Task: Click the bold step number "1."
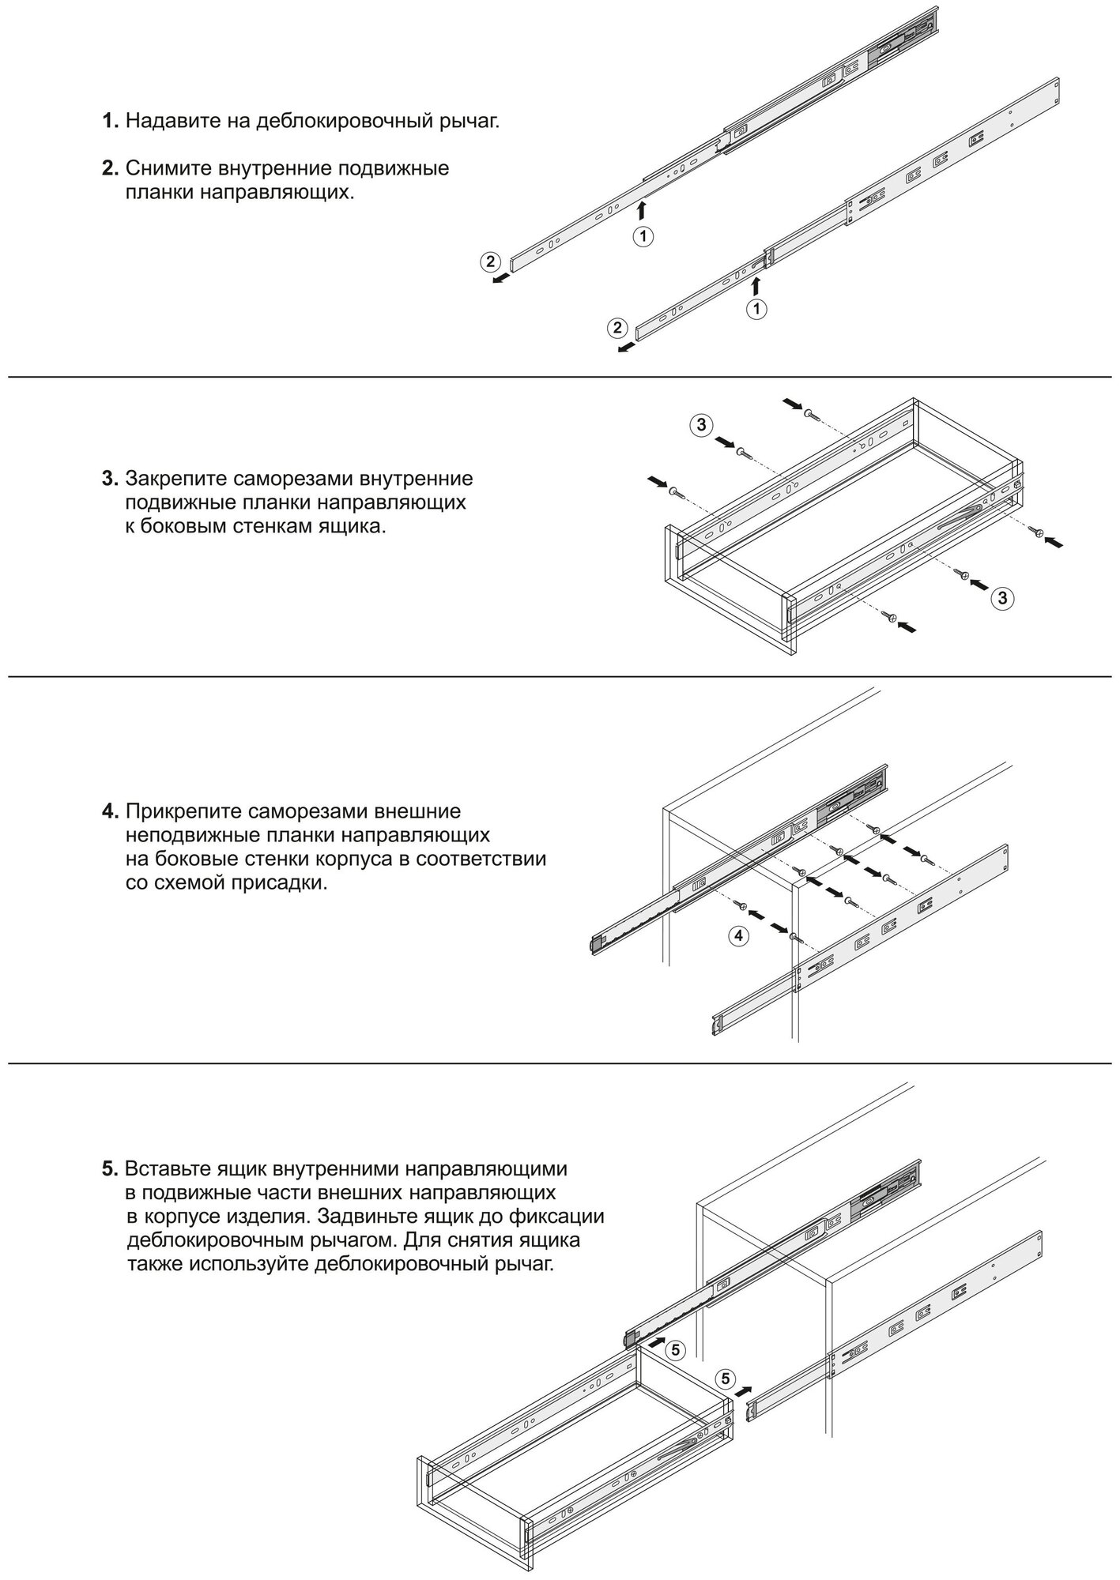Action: [x=111, y=122]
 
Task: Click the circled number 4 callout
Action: [x=738, y=935]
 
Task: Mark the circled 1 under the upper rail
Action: [x=643, y=235]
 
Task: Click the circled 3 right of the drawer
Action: [x=1002, y=598]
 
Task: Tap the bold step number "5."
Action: [x=111, y=1168]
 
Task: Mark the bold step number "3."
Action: [x=111, y=478]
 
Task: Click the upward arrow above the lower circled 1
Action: [x=756, y=285]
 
